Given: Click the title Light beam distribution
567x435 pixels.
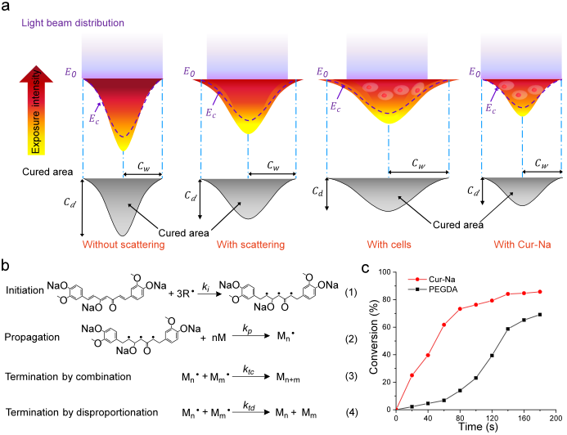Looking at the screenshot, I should pos(73,23).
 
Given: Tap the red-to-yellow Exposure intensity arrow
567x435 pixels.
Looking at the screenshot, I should pos(36,110).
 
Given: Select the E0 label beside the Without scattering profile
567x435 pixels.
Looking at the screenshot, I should pos(71,72).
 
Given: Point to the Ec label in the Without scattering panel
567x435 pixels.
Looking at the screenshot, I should pos(93,118).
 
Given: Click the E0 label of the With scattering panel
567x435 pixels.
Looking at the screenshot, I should pos(190,72).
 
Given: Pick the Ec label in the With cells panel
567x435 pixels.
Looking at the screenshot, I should pos(335,106).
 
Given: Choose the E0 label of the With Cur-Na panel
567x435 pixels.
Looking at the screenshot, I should pos(475,72).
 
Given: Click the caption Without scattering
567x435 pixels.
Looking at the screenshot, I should pos(123,244).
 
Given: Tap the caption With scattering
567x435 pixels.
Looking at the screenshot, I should pos(250,244).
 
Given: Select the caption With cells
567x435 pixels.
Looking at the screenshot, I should pos(389,244).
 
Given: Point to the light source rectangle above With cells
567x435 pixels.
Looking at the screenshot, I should pos(387,55).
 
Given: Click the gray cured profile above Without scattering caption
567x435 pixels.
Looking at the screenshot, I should pos(123,200).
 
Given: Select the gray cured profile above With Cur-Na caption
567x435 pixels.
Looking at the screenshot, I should pos(521,191).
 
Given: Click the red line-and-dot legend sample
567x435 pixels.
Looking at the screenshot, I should pos(417,280).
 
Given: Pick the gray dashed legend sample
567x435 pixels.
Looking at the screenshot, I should pos(417,289).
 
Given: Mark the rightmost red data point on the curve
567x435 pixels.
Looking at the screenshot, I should pos(540,292).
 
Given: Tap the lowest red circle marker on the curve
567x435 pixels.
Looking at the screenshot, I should pos(412,375).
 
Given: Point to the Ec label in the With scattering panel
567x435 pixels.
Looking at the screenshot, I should pos(210,112).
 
